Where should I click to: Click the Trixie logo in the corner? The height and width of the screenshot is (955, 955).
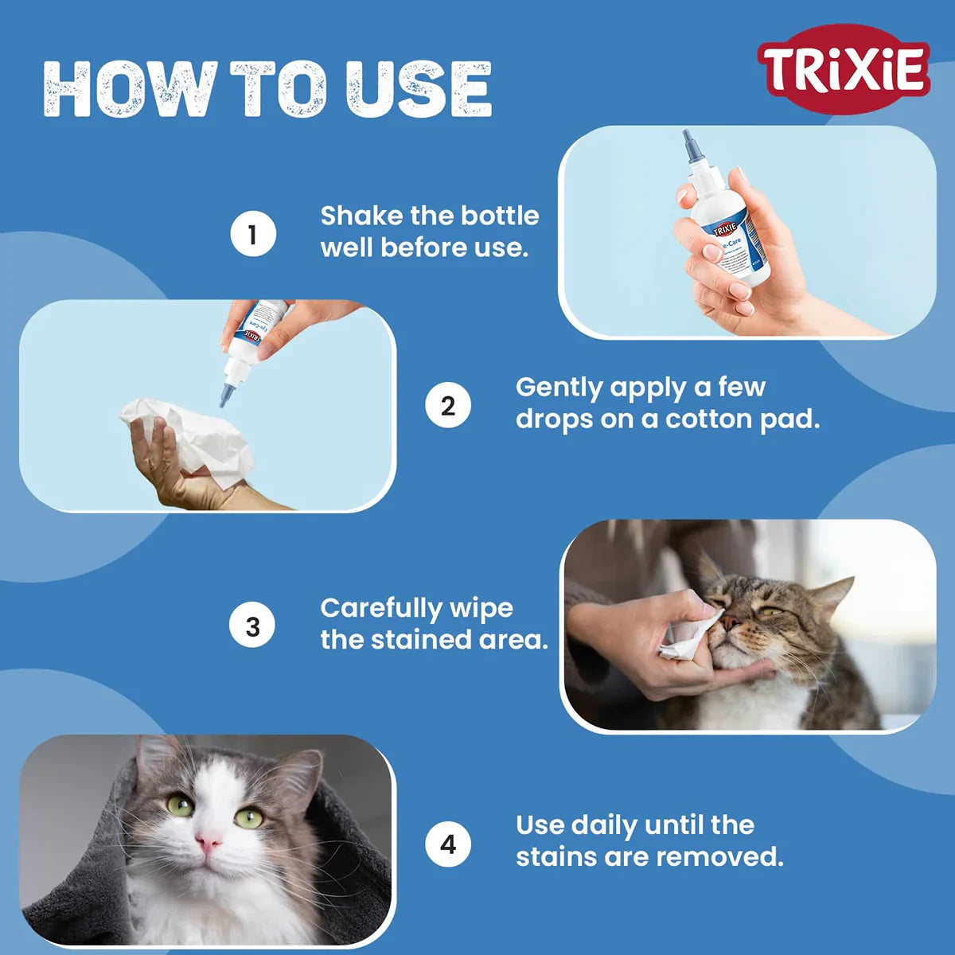[844, 69]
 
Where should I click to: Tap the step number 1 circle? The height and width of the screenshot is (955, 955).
[253, 235]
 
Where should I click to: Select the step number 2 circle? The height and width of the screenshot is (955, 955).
[448, 406]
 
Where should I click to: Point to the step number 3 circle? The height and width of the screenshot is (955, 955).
[253, 626]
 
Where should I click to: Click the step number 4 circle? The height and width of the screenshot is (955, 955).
[448, 844]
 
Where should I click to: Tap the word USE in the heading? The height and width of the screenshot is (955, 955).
[419, 89]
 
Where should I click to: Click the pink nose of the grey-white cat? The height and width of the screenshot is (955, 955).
[209, 842]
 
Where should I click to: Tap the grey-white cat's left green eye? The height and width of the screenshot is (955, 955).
[179, 805]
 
